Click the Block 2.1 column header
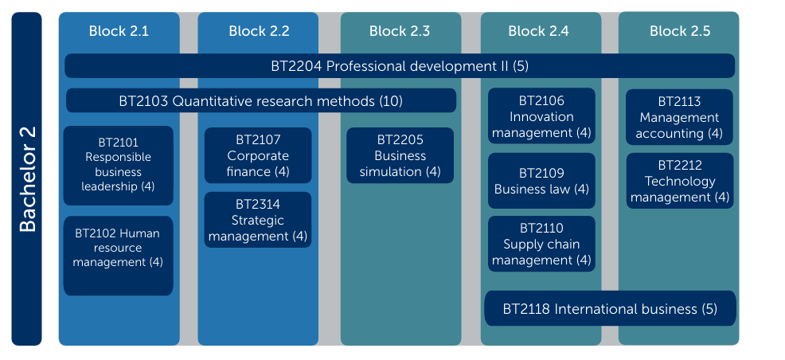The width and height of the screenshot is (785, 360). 119,31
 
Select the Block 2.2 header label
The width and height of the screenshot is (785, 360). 259,31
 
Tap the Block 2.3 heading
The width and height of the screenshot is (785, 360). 400,31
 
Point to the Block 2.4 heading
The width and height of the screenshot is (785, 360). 539,31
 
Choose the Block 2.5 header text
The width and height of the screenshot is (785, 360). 680,31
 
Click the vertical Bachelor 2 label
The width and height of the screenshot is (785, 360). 27,179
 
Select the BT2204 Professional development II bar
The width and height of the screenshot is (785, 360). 400,66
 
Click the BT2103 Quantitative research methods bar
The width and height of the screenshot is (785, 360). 261,100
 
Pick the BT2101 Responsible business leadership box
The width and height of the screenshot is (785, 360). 118,166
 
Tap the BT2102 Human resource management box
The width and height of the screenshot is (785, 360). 118,256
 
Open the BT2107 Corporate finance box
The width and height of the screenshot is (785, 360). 258,156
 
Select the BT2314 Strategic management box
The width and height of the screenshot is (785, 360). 258,220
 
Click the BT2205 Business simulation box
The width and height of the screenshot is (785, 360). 400,156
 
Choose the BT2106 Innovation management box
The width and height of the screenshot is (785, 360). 541,116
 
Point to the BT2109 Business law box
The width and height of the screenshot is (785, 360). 541,181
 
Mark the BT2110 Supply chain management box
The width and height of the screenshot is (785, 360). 541,244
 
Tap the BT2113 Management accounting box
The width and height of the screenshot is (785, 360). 679,117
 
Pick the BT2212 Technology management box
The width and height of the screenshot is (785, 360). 680,181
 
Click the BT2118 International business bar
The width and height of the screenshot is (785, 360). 611,308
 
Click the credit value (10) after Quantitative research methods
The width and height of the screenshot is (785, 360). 390,101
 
